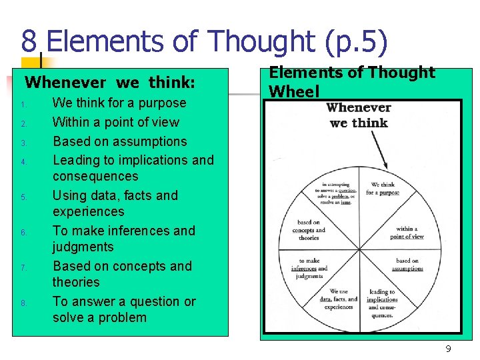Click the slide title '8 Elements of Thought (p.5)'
[x=204, y=41]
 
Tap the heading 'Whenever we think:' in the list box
[x=110, y=83]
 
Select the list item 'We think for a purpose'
[x=119, y=103]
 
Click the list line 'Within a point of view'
[x=116, y=122]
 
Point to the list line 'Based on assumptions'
[x=120, y=141]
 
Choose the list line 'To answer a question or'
[x=124, y=301]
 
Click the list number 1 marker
[x=23, y=105]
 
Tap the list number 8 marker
[x=23, y=303]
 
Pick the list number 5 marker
[x=23, y=197]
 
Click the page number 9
[x=448, y=349]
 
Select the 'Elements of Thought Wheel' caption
[x=351, y=81]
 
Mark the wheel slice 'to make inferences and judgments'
[x=309, y=268]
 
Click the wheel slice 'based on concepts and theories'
[x=309, y=230]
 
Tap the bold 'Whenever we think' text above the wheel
[x=359, y=115]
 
